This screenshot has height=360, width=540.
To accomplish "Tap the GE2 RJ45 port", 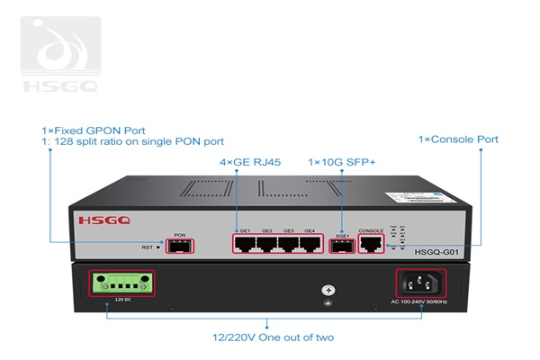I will pos(267,244).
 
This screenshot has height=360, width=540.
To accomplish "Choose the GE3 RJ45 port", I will pos(289,244).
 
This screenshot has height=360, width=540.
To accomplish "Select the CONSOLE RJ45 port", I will pos(371,245).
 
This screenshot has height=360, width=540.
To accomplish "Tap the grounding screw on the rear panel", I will pos(329,291).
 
